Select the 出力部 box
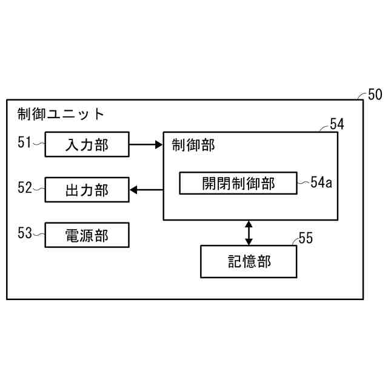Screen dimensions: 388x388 point(87,190)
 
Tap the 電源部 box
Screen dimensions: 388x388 point(87,235)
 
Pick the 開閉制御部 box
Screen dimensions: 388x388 point(238,183)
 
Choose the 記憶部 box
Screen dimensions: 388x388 point(249,261)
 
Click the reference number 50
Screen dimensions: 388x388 point(375,95)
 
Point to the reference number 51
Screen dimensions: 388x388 point(24,143)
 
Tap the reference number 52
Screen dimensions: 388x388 point(24,189)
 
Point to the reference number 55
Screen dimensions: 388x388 point(306,238)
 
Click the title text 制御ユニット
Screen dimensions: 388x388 point(61,114)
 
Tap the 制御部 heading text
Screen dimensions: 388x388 point(193,145)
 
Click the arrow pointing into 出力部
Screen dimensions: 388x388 point(146,190)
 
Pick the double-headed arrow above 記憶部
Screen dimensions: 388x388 point(249,232)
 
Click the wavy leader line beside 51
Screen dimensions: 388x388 point(39,144)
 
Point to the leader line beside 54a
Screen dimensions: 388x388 point(303,182)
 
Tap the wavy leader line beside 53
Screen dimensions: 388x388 point(39,235)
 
